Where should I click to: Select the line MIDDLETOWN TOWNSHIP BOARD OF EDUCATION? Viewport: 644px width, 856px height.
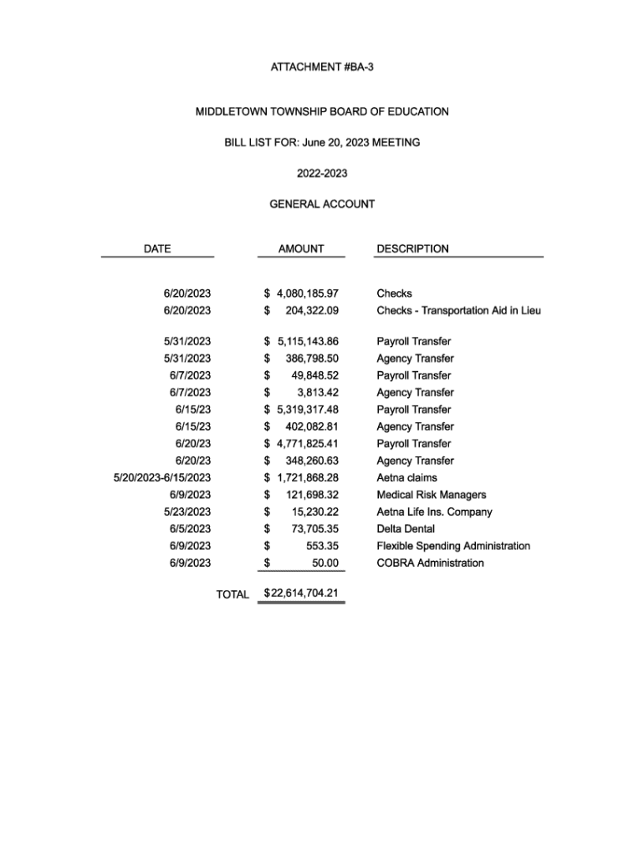[x=322, y=111]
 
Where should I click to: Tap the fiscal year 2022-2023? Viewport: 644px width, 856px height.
[x=322, y=174]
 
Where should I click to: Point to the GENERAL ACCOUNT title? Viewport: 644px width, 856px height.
[x=322, y=204]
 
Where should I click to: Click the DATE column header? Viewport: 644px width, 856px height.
[x=157, y=248]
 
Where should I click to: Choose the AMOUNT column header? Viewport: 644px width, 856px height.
[x=301, y=248]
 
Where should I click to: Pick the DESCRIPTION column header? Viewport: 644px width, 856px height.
[x=412, y=248]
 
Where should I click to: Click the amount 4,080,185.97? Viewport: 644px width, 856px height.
[x=307, y=293]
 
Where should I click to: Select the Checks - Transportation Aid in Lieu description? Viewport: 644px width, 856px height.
[x=458, y=310]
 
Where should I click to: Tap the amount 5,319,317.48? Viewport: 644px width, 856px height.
[x=307, y=410]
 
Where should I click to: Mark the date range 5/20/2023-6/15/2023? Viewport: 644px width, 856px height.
[x=162, y=477]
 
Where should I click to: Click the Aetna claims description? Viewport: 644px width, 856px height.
[x=406, y=477]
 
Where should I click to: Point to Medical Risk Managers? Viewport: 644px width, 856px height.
[x=431, y=495]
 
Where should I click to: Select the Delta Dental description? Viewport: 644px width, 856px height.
[x=406, y=528]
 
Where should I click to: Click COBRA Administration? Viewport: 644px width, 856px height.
[x=430, y=563]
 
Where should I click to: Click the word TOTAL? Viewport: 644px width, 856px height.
[x=233, y=594]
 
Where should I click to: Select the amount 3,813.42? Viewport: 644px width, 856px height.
[x=318, y=392]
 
